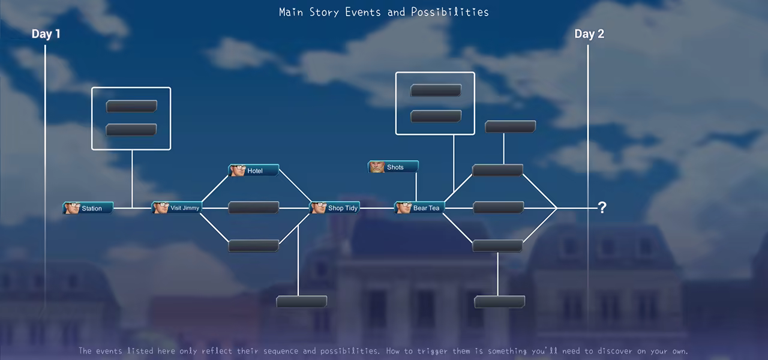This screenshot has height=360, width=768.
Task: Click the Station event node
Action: pos(88,208)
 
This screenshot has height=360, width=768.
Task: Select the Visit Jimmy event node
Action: pos(176,208)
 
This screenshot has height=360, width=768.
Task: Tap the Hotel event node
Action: pos(254,170)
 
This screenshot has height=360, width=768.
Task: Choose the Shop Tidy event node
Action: pos(335,208)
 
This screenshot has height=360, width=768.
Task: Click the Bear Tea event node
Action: pos(419,208)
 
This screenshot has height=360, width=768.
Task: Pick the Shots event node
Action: pos(393,167)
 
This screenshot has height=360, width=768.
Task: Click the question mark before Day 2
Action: pos(602,208)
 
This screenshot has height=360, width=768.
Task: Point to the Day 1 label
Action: pos(46,34)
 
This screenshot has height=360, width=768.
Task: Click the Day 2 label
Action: pos(589,34)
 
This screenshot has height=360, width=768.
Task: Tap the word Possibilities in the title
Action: pos(450,13)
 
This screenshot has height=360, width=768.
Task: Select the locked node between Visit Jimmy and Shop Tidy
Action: pos(254,208)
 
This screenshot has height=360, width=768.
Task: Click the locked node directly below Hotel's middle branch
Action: pos(254,246)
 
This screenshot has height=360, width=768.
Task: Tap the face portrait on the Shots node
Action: pos(377,167)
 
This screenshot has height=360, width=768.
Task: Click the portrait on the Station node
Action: pos(71,208)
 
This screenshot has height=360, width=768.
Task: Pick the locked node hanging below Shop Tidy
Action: pos(302,302)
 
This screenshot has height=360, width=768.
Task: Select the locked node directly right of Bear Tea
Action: pos(498,208)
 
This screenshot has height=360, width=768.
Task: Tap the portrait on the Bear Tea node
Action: pos(403,208)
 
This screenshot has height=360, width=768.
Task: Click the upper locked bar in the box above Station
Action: pos(131,106)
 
